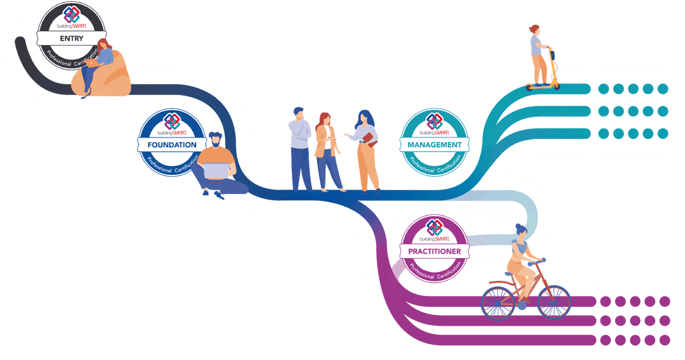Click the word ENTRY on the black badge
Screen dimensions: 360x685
[x=72, y=39]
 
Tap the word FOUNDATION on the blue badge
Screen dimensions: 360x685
[x=172, y=145]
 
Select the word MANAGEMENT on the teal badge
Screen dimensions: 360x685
[x=434, y=145]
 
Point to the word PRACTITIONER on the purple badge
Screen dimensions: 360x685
[x=434, y=252]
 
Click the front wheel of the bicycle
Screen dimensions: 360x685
[x=554, y=301]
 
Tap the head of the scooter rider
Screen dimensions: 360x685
[x=535, y=30]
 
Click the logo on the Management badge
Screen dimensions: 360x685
[x=434, y=121]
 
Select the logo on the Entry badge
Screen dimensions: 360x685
[x=72, y=15]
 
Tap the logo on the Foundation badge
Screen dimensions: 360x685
[x=171, y=120]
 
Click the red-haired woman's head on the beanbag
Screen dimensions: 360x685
[x=103, y=45]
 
